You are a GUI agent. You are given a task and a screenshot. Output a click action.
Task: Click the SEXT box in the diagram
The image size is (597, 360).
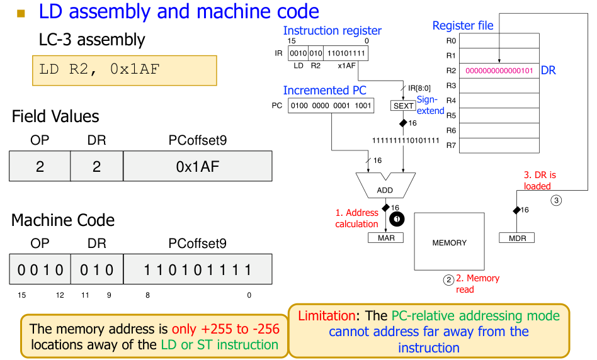point(404,106)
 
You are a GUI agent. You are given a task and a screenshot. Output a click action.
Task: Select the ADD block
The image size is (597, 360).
point(384,189)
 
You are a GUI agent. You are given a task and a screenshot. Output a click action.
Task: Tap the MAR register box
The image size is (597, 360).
point(386,238)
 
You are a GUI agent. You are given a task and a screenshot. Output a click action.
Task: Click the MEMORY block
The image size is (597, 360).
point(449,242)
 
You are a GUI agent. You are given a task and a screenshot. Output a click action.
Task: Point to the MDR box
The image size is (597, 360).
point(517,238)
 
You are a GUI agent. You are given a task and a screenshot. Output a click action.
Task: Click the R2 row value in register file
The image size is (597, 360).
point(499,70)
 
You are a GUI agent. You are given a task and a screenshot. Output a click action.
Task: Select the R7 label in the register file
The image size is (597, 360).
point(450,145)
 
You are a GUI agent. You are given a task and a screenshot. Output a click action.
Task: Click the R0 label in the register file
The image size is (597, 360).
point(450,40)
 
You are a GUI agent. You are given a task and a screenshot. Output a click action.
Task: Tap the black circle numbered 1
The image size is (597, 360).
point(397,218)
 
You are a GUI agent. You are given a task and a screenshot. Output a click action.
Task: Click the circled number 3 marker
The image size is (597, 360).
point(556,201)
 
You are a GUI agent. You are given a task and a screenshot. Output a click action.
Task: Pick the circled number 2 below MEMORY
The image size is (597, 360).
point(448,279)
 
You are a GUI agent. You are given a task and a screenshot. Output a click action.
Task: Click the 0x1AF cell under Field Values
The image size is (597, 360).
point(198,166)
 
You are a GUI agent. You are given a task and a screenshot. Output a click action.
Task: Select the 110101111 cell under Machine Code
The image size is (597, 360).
point(198,271)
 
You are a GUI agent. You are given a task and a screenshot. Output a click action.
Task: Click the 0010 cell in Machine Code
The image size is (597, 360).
point(40,271)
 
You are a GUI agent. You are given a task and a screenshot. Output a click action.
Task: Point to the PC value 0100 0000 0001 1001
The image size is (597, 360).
point(331,105)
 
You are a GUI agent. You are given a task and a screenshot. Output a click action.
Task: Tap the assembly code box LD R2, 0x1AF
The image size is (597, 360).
point(124,70)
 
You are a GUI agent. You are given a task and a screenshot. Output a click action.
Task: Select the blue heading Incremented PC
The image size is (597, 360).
point(324,91)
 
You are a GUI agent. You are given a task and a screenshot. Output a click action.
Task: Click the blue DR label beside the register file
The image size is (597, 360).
point(548,70)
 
